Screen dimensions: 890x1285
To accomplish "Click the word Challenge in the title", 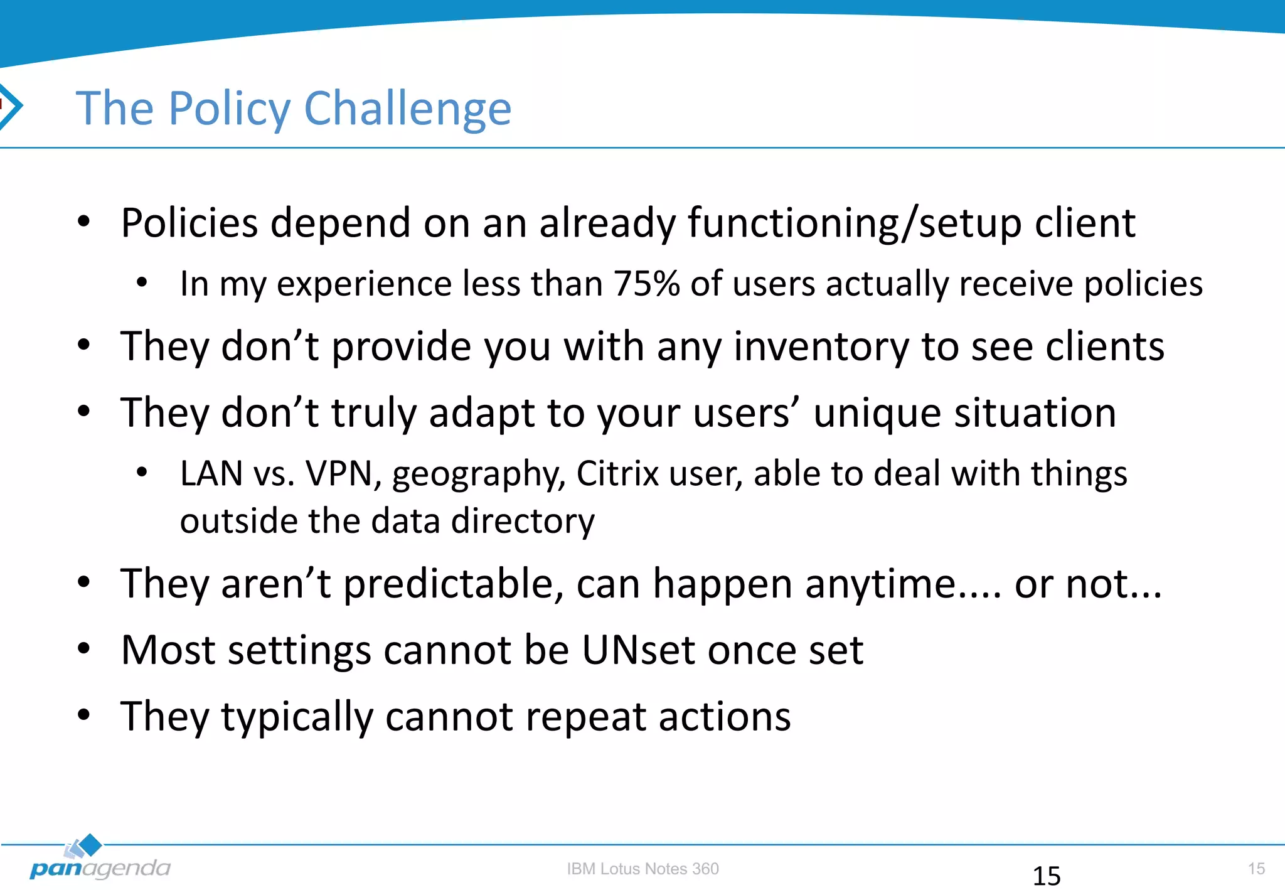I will click(x=407, y=109).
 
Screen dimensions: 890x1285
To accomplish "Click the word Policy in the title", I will click(x=229, y=109).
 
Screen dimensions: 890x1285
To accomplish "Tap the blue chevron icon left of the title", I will click(x=11, y=105).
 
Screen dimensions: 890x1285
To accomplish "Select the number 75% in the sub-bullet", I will click(x=646, y=284).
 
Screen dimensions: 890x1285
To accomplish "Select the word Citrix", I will click(x=617, y=474).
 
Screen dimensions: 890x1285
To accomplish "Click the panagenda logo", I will click(x=99, y=860).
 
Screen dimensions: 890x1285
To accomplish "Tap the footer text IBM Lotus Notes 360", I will click(x=642, y=869).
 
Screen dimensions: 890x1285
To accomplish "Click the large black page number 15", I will click(x=1046, y=876).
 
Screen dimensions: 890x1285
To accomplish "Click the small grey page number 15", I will click(x=1256, y=869).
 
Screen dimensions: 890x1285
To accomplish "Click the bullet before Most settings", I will click(x=84, y=649).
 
